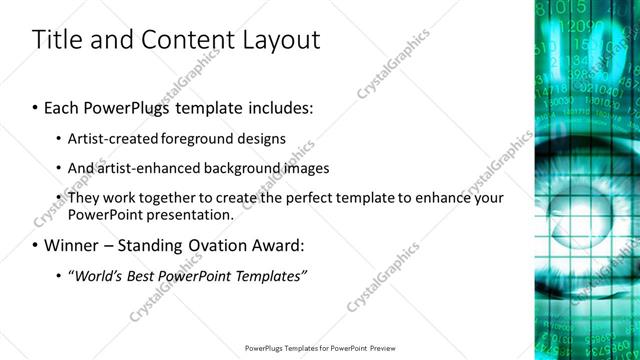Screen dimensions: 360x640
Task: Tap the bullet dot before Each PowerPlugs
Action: [x=35, y=107]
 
